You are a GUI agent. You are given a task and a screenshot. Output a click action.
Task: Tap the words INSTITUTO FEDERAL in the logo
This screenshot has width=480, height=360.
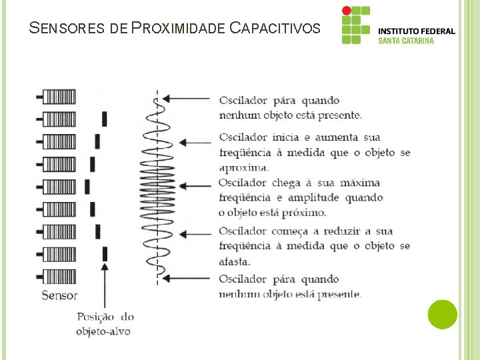[417, 31]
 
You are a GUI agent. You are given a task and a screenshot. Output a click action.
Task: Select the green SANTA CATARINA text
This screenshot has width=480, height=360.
[406, 41]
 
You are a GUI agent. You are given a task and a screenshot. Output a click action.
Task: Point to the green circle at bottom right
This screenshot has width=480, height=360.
[443, 314]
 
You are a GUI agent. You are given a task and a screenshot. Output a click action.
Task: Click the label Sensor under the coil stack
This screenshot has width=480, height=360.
[59, 295]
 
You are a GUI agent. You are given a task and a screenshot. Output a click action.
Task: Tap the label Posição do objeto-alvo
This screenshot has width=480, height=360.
[105, 324]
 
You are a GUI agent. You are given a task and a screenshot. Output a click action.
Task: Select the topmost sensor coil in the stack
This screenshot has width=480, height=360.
[59, 97]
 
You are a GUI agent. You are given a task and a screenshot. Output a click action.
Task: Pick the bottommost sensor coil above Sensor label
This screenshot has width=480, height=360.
[59, 276]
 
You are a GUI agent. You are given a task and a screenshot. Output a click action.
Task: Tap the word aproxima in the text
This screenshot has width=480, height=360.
[244, 167]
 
